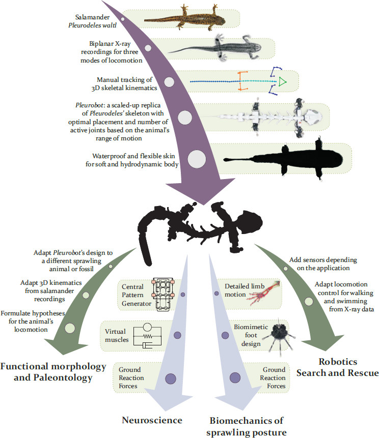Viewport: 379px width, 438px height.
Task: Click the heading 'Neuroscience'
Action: [152, 420]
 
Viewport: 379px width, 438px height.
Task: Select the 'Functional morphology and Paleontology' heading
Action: [53, 371]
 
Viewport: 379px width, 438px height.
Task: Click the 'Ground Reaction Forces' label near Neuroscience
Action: [131, 378]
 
